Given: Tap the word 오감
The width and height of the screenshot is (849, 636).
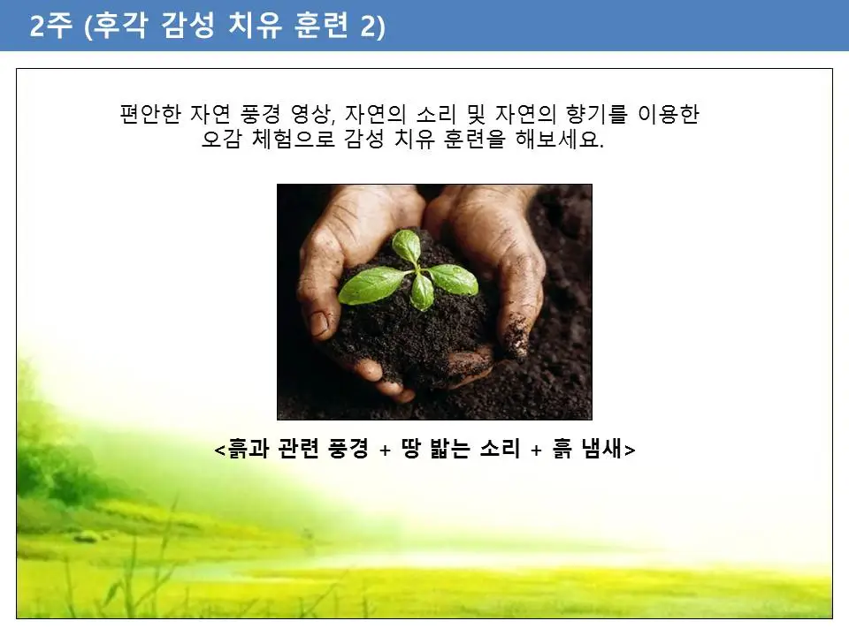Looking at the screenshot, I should tap(221, 140).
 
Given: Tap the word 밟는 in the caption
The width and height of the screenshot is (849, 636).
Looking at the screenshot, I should tap(458, 449).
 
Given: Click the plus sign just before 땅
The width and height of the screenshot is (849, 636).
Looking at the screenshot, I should tap(385, 450).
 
